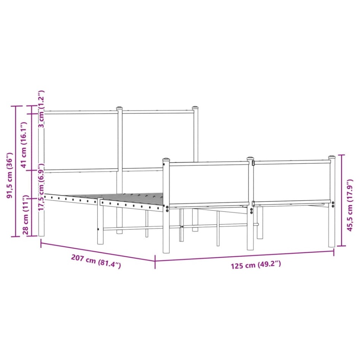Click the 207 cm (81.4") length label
pyautogui.click(x=96, y=262)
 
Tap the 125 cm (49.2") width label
pyautogui.click(x=256, y=265)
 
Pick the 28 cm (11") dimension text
pyautogui.click(x=26, y=215)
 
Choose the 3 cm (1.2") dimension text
pyautogui.click(x=41, y=109)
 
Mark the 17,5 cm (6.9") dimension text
pyautogui.click(x=41, y=187)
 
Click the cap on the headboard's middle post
pyautogui.click(x=119, y=108)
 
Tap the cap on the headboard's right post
pyautogui.click(x=195, y=108)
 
